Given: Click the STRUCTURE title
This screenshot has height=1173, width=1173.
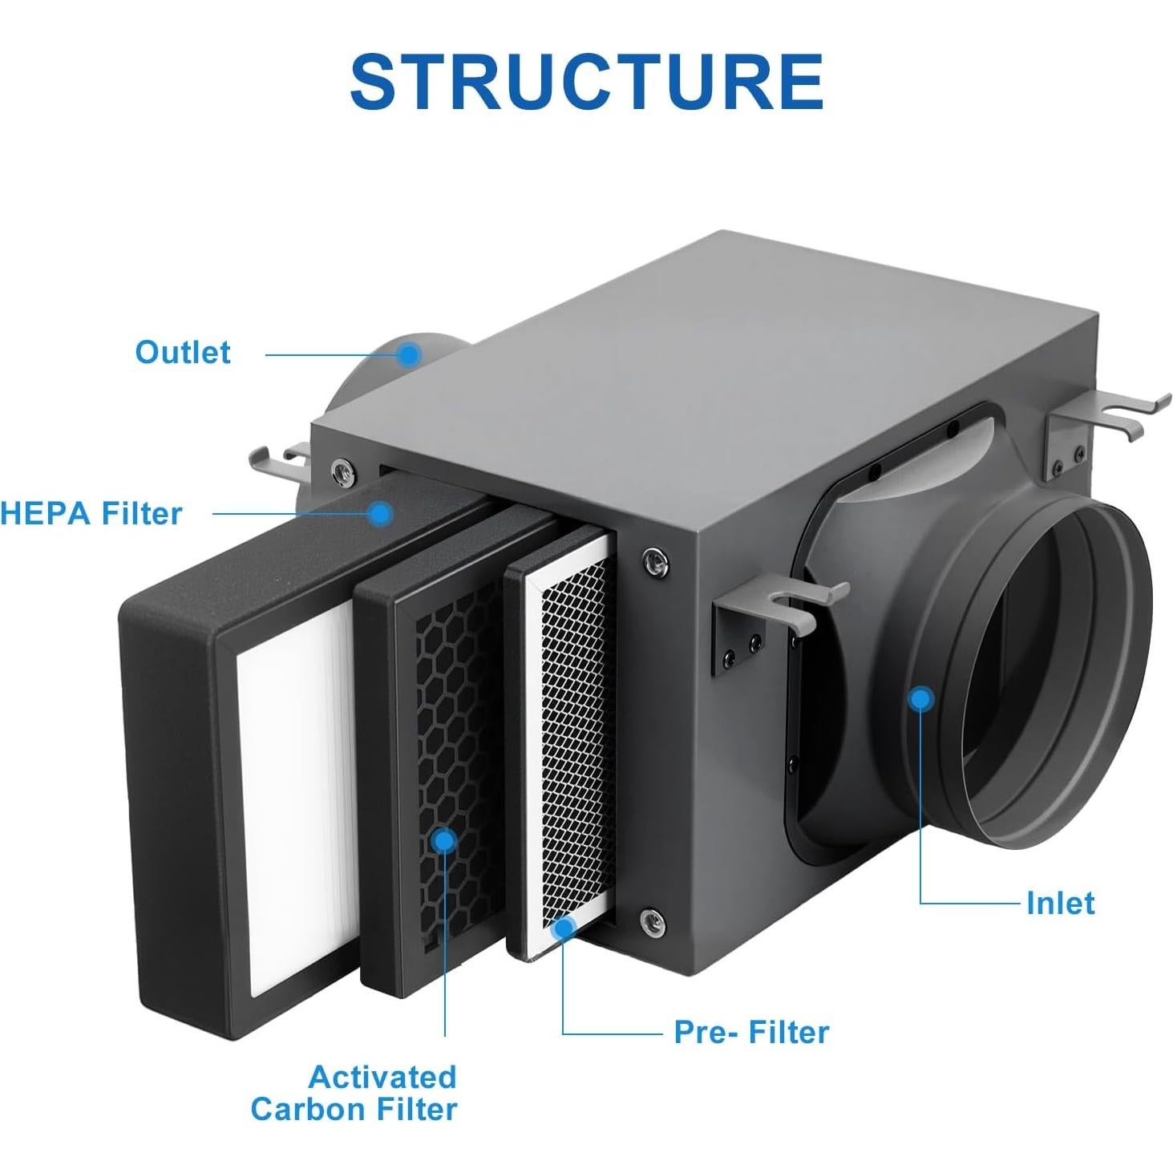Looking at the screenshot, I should click(586, 82).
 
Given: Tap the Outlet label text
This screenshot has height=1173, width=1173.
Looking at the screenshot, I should click(183, 353).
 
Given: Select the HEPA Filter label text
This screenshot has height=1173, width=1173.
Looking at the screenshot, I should click(91, 513).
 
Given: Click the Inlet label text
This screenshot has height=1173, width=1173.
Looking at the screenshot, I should click(1060, 904).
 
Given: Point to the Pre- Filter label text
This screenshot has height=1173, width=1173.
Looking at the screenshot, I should click(751, 1032).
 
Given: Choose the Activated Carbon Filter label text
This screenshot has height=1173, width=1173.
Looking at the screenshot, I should click(354, 1093).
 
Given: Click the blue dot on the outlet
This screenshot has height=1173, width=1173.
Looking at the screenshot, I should click(410, 354).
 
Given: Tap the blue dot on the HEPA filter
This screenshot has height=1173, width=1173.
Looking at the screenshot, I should click(381, 513).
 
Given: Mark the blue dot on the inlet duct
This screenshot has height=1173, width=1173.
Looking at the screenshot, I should click(922, 699).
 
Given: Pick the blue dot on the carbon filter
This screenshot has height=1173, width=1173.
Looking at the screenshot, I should click(443, 840).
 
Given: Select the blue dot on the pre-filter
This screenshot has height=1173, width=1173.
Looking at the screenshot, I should click(564, 928).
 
